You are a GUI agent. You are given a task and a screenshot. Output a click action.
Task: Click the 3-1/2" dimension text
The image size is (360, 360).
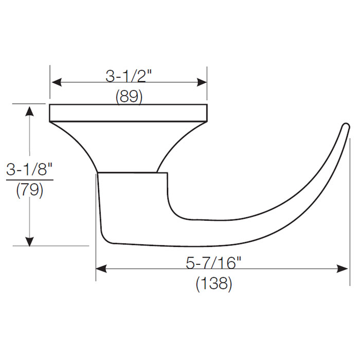(129, 77)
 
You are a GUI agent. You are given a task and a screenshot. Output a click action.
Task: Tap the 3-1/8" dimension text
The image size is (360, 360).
(29, 170)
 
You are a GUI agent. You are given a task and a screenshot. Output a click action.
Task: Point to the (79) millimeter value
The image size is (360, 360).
(29, 190)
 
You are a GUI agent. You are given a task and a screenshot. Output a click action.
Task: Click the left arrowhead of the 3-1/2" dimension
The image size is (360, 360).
(56, 82)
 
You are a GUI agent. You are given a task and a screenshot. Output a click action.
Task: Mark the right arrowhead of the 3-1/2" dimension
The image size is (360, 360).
(202, 82)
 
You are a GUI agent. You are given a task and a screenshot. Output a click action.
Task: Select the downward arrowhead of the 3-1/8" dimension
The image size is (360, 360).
(30, 240)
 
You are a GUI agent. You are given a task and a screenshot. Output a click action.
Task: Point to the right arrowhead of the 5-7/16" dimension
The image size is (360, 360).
(345, 268)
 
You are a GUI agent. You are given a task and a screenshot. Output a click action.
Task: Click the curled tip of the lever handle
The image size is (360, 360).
(345, 127)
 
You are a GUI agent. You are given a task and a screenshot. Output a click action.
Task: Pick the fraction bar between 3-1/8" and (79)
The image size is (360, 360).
(29, 180)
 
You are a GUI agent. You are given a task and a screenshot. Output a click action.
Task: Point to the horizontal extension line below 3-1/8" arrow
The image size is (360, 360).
(57, 246)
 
